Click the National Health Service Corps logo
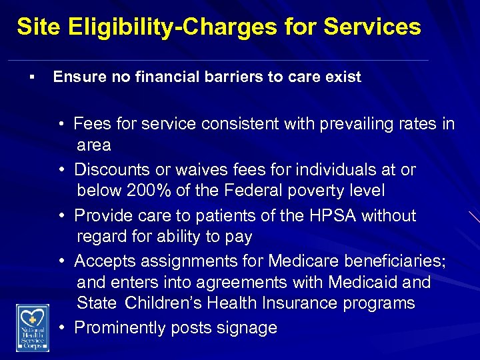click(33, 327)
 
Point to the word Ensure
click(77, 77)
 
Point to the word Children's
click(163, 303)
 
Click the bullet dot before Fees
click(61, 124)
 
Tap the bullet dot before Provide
click(61, 216)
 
